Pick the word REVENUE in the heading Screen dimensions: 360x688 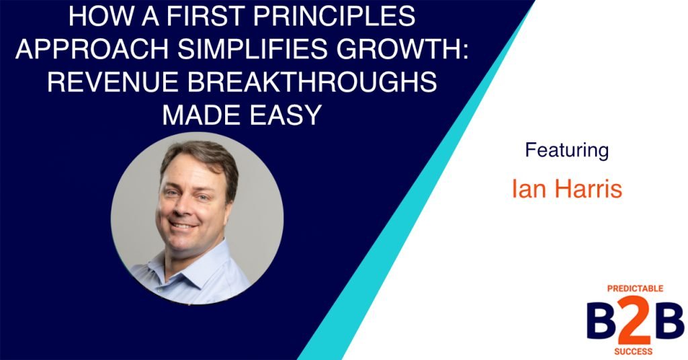point(115,84)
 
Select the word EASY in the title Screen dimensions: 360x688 point(282,116)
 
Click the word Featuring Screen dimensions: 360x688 point(566,150)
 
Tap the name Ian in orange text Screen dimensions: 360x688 point(525,189)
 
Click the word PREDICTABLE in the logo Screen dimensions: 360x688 point(635,289)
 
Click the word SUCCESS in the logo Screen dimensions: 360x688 point(636,351)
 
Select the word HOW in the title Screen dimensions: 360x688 point(91,17)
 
